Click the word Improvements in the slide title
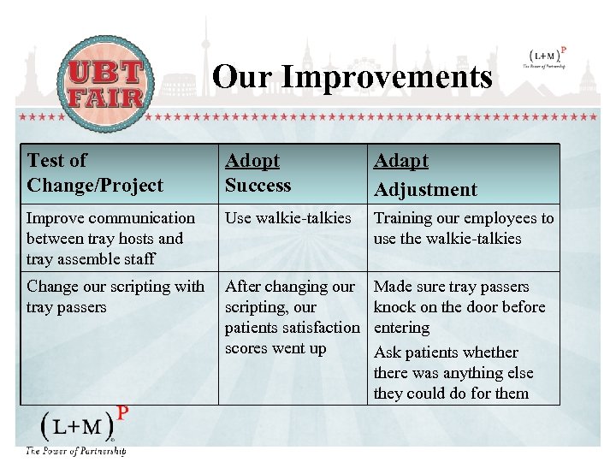tap(387, 77)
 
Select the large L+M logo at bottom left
tap(80, 427)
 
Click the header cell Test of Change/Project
tap(94, 173)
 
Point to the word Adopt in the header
tap(252, 161)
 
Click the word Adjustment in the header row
tap(425, 190)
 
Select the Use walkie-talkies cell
tap(287, 218)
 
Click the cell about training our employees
tap(463, 228)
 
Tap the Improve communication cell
tap(110, 239)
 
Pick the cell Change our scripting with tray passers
tap(115, 296)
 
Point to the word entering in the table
tap(401, 328)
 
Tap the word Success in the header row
tap(258, 186)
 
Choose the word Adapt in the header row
tap(400, 161)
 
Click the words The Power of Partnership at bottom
tap(75, 450)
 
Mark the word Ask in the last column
tap(389, 352)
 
